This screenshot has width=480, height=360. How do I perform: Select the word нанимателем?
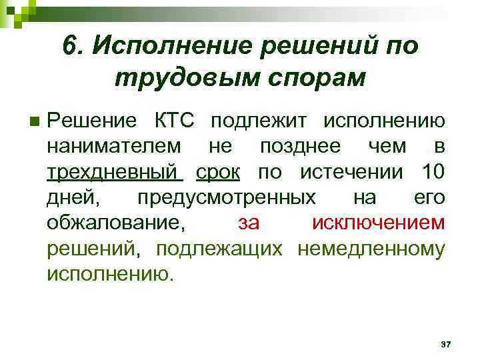coord(113,147)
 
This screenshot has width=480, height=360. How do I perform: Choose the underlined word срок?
coord(218,172)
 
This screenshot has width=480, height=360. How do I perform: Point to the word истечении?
coord(351,172)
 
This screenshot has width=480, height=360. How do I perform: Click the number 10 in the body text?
coord(433,172)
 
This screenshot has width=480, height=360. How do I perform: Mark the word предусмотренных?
coord(227,197)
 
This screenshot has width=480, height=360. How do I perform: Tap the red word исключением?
coord(378,223)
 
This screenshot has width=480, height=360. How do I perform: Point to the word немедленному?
coord(371,248)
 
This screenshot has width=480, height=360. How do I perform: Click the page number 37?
coord(446,344)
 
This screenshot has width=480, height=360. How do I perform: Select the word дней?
coord(71,197)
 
